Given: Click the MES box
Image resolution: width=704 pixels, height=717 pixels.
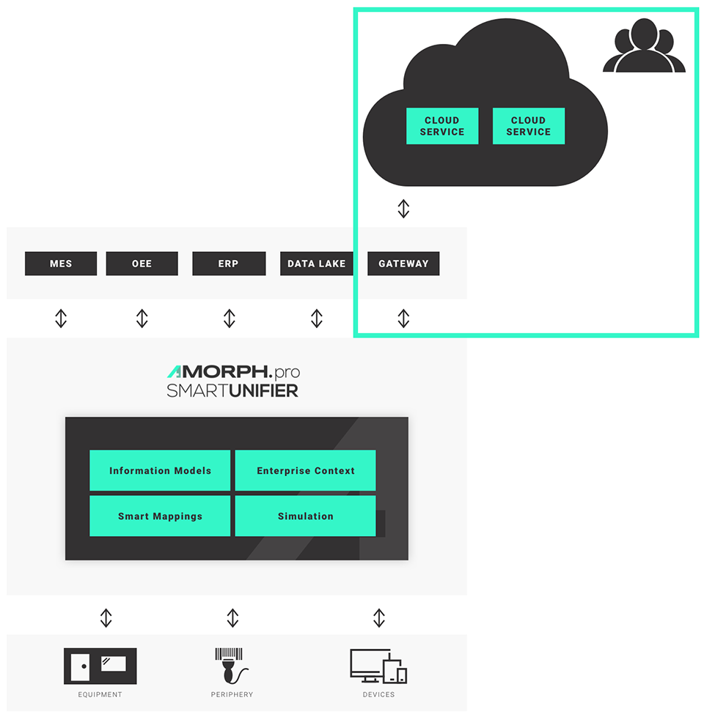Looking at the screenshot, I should pos(61,264).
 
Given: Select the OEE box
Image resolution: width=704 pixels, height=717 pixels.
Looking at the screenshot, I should pos(142,264).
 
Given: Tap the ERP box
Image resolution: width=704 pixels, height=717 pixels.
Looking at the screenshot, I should pos(229,264).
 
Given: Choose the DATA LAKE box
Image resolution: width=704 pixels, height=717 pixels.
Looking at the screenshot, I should pos(316,264).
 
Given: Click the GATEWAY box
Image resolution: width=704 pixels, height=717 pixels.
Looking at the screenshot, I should pos(403,264).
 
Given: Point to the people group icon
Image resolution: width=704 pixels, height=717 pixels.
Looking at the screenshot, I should pos(644,47).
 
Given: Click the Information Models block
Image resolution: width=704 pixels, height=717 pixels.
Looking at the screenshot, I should pos(160,470).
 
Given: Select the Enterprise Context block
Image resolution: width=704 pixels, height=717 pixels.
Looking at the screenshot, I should pos(305,470).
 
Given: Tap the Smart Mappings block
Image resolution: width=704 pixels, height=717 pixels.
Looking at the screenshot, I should pos(160,516).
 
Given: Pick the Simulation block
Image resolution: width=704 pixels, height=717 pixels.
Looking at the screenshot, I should pos(305,516).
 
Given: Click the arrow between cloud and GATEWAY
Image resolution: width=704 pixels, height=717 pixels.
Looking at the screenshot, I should pos(403,209).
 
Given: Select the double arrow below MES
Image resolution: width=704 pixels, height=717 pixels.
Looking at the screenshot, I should pos(61,318).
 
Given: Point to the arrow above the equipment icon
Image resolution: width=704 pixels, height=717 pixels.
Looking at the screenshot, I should pos(106,617).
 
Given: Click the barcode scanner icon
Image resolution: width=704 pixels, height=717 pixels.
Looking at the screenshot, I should pos(232,666).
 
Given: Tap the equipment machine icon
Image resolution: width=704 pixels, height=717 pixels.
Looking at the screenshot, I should pos(100,666).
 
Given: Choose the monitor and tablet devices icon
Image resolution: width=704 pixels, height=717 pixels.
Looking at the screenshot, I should pos(378,666).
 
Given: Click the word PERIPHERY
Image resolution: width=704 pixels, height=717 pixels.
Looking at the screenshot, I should pos(232,694).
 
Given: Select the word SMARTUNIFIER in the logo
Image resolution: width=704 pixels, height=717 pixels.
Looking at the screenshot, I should pos(232,391).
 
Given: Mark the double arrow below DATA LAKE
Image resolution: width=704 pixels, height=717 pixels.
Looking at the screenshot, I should pos(316,318).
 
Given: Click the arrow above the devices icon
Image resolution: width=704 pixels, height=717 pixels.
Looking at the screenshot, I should pos(378,617).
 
